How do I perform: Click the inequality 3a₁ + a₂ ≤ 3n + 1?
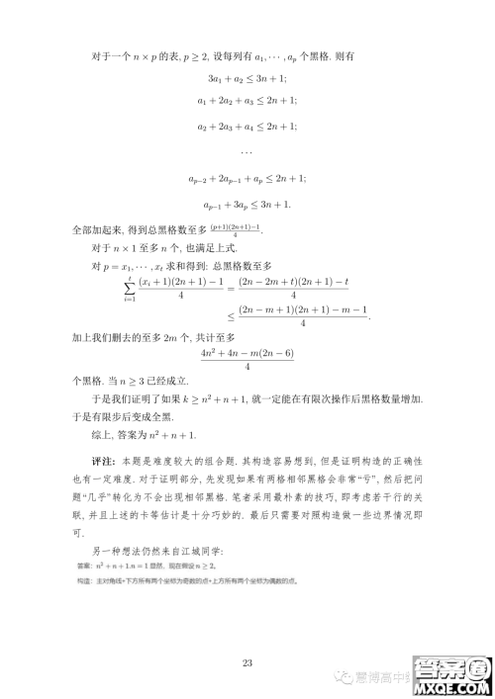click(x=247, y=78)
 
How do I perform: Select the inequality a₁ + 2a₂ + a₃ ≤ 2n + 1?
click(x=247, y=102)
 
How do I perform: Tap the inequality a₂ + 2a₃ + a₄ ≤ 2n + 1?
click(x=247, y=128)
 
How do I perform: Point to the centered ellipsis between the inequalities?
click(x=247, y=152)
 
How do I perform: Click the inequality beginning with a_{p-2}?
click(x=247, y=178)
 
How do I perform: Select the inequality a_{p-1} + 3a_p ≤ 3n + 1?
click(x=247, y=204)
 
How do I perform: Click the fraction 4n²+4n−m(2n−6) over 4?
click(x=247, y=360)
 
